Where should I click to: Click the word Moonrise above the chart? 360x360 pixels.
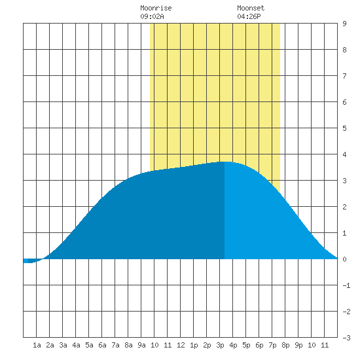156,9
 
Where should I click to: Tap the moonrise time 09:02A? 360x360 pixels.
152,16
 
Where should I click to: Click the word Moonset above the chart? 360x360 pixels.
251,9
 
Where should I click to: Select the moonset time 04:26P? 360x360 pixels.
249,16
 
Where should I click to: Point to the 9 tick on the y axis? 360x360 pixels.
344,24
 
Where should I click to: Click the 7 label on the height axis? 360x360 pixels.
344,76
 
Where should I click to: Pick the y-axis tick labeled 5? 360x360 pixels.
344,128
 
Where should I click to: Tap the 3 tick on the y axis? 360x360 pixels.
344,181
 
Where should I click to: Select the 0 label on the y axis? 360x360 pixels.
344,259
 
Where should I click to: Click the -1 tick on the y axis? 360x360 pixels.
346,285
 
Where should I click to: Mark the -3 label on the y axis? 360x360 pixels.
346,338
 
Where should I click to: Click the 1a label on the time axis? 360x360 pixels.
37,345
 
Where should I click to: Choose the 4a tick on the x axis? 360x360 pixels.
76,345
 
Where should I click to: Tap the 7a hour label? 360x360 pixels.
115,345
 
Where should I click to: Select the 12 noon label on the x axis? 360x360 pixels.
181,345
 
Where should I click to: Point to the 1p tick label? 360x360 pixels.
194,345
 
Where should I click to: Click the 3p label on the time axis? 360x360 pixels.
220,345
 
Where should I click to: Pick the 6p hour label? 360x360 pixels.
259,345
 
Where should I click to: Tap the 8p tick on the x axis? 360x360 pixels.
285,345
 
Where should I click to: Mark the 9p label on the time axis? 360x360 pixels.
298,345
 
